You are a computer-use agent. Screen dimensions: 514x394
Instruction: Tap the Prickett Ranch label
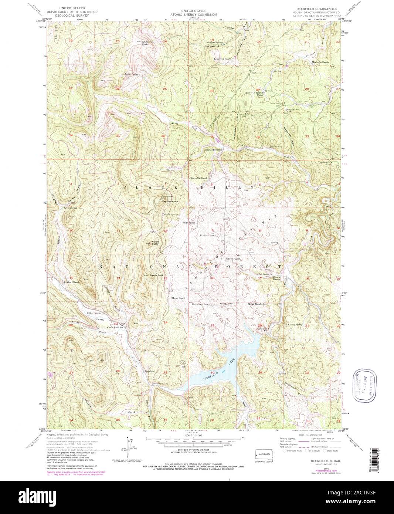(x=71, y=282)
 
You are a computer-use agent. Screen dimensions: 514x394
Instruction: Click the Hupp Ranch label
(x=178, y=298)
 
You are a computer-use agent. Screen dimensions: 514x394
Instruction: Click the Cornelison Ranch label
(x=201, y=304)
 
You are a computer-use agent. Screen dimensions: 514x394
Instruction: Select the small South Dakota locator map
(x=263, y=453)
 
